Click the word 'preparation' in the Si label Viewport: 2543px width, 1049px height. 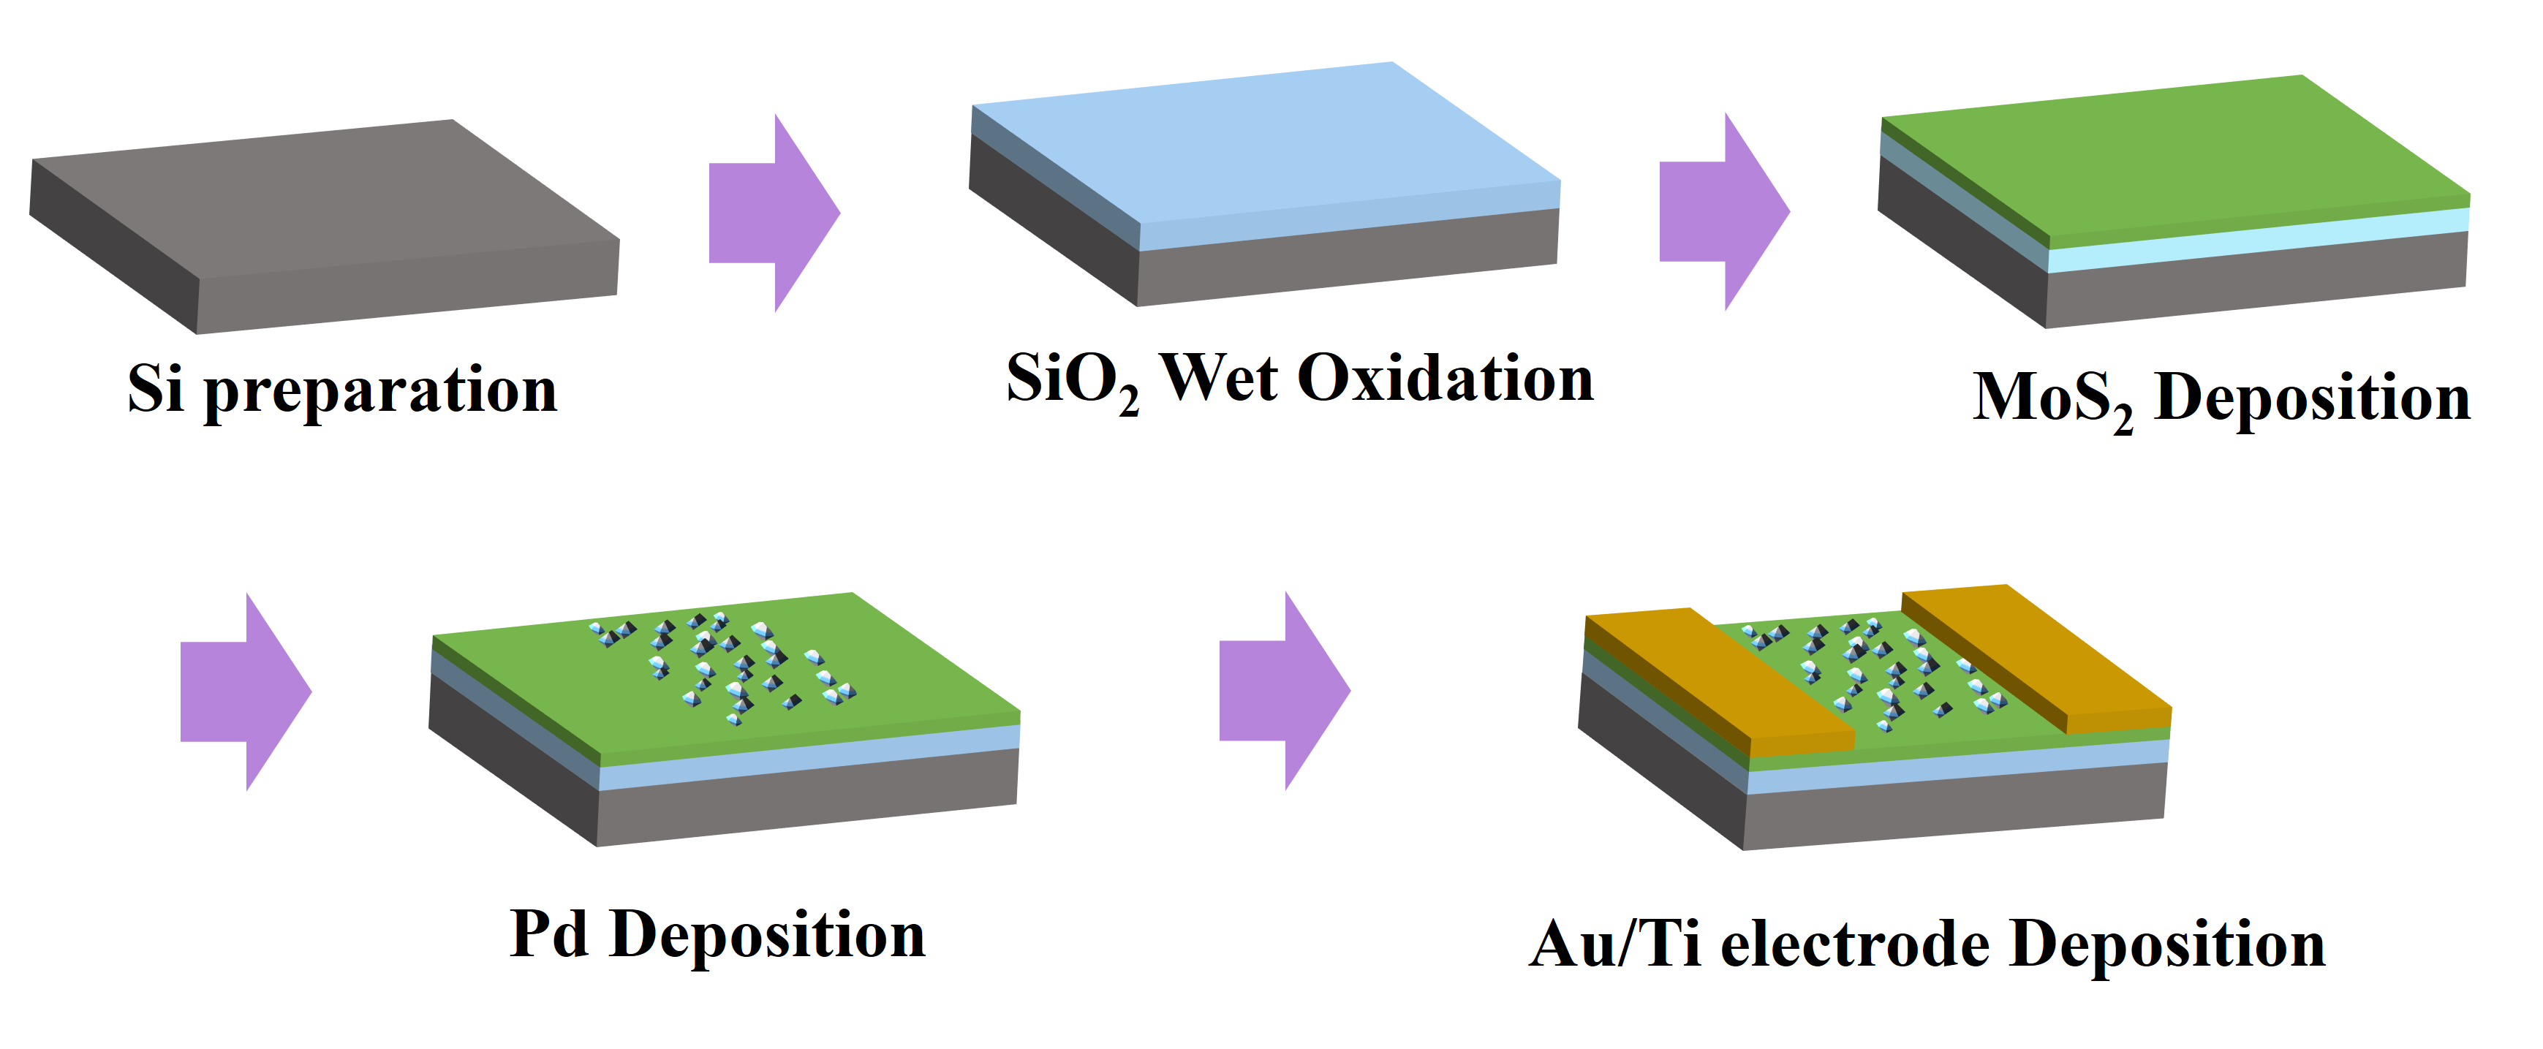(381, 391)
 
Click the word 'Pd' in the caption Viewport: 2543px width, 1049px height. (550, 933)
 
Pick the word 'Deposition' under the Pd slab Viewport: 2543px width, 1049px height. (768, 936)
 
